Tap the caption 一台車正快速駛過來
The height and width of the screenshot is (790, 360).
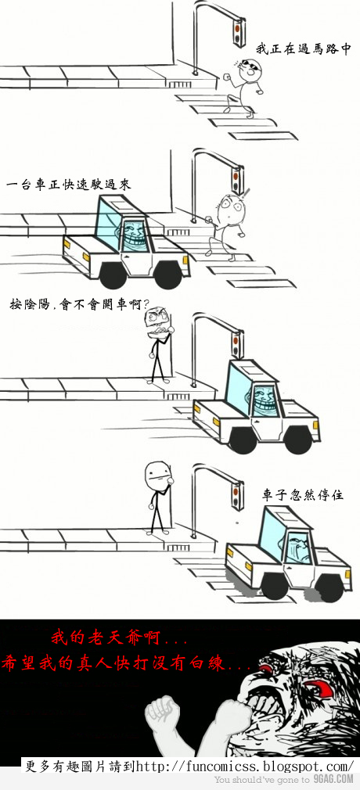tap(69, 185)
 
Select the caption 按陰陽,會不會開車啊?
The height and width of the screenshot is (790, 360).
tap(78, 304)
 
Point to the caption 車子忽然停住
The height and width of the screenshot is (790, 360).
tap(303, 495)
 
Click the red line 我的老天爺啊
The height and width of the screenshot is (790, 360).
tap(119, 640)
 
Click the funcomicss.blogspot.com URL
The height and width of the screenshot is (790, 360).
tap(244, 766)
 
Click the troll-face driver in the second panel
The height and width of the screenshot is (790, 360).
tap(132, 235)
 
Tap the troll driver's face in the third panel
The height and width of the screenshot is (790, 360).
tap(263, 400)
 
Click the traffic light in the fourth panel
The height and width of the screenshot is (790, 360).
tap(236, 495)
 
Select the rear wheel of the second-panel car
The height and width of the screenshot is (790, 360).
tap(113, 275)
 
